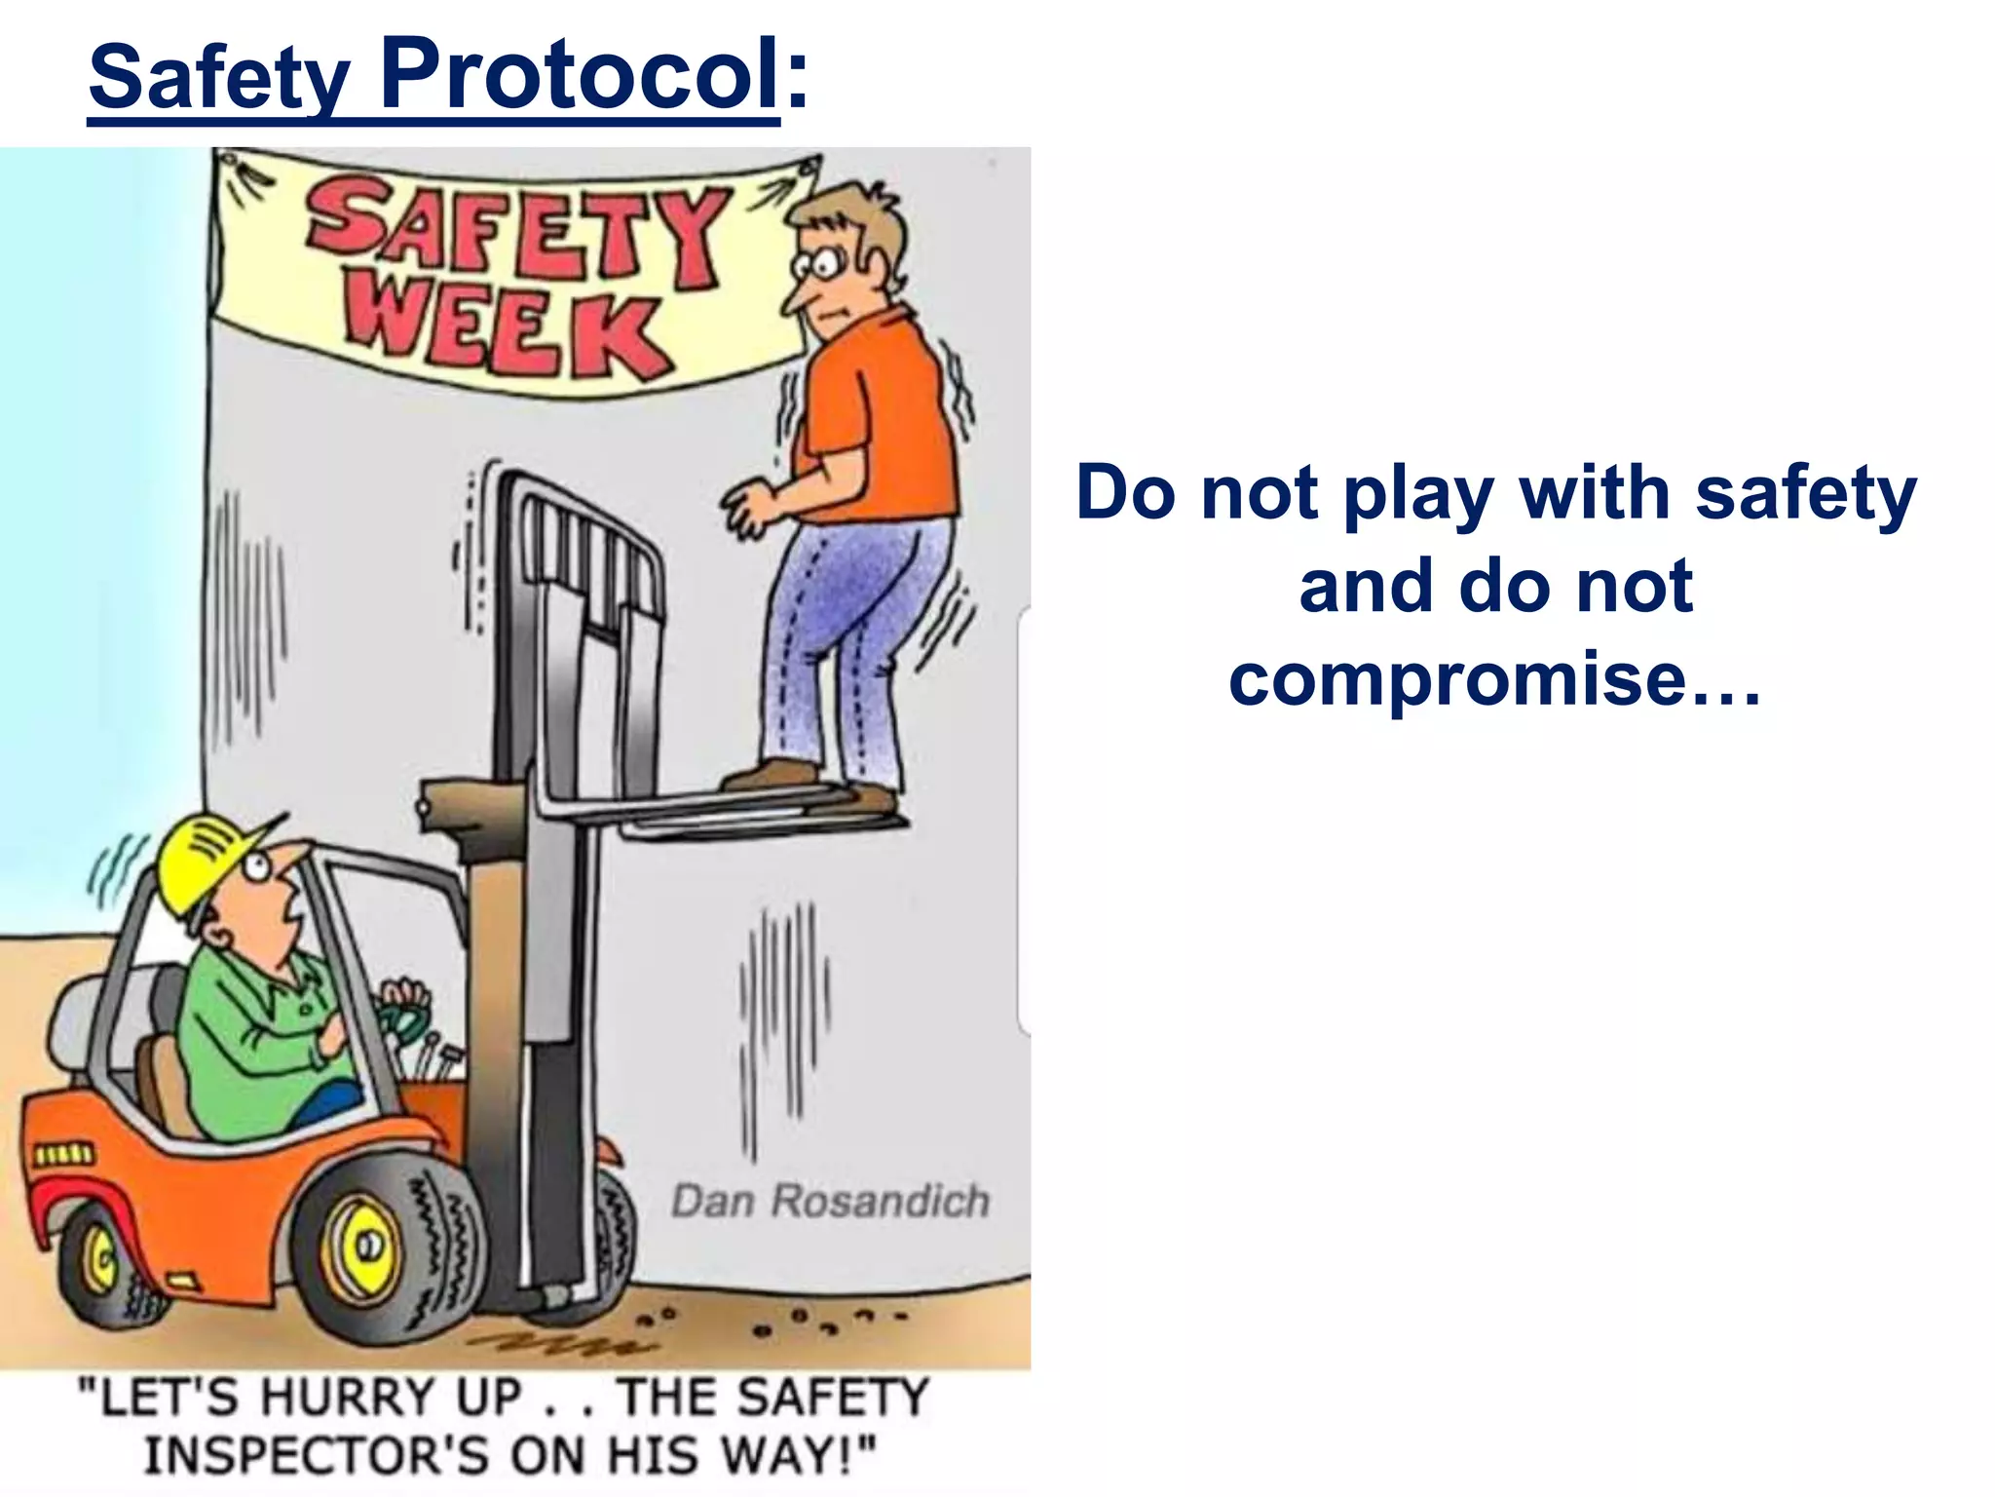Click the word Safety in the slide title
click(x=218, y=78)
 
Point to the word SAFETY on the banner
click(x=516, y=229)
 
